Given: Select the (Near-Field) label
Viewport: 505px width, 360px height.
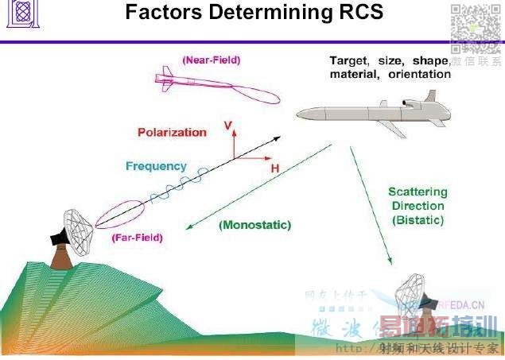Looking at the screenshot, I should click(211, 59).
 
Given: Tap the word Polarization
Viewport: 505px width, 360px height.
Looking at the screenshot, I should click(172, 133).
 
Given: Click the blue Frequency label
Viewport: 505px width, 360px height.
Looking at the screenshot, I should click(156, 167).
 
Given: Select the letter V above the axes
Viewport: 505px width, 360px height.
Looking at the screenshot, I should click(228, 126).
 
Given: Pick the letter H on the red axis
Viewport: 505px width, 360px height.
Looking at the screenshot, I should click(274, 169).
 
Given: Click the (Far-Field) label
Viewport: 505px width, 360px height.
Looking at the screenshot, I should click(138, 237).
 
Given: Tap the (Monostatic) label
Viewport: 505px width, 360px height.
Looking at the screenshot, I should click(254, 225).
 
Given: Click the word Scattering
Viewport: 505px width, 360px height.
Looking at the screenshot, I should click(418, 192).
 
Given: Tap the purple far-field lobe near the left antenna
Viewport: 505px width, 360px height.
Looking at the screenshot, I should click(119, 215).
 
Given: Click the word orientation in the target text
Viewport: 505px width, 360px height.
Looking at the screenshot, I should click(420, 75).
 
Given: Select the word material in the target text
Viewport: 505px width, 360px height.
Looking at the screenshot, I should click(355, 75).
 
